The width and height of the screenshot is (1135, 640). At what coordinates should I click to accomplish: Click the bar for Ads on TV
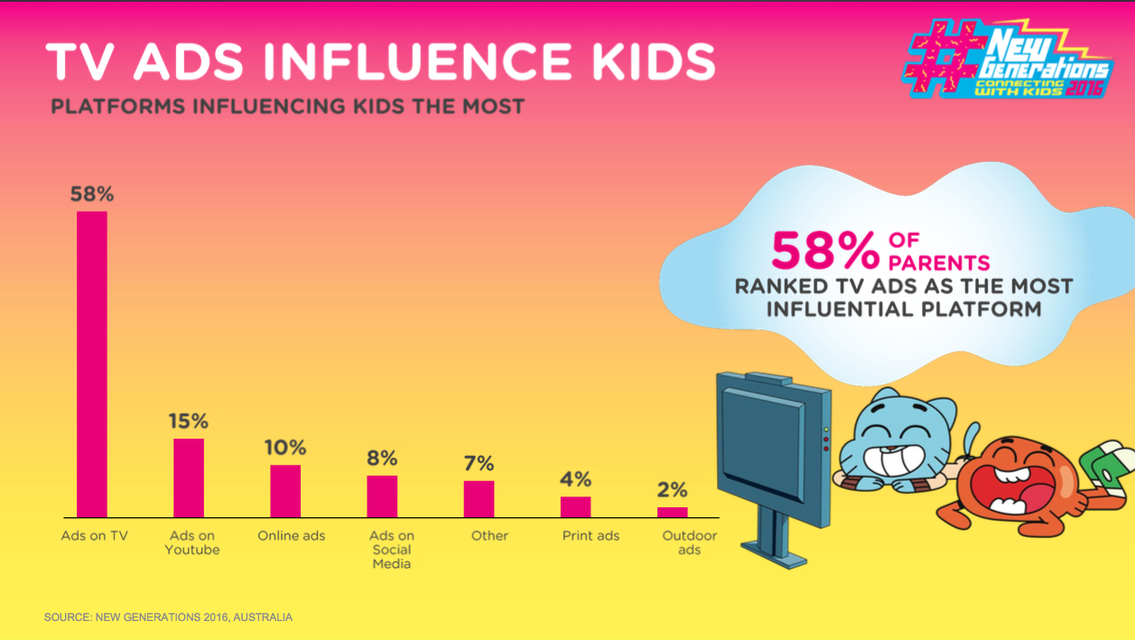[92, 364]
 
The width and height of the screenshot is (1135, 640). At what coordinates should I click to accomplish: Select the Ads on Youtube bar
[189, 478]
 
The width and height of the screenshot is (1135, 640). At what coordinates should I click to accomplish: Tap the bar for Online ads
[285, 490]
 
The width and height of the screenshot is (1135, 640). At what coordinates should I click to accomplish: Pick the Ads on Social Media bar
[382, 496]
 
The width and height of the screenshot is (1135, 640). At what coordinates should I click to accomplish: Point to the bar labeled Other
[479, 498]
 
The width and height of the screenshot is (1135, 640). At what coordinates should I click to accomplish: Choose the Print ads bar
[575, 506]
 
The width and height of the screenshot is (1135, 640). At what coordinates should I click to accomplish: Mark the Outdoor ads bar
[672, 512]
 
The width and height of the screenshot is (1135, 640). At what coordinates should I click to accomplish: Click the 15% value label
[189, 421]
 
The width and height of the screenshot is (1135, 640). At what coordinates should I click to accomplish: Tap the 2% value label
[672, 490]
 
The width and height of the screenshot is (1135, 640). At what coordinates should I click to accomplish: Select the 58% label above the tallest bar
[92, 194]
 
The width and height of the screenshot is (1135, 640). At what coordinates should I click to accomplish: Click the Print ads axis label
[591, 535]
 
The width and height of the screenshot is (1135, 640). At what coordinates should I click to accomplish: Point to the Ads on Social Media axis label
[392, 549]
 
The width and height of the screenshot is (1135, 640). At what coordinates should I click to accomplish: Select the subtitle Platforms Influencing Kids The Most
[287, 107]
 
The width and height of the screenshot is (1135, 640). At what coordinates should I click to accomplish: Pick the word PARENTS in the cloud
[939, 264]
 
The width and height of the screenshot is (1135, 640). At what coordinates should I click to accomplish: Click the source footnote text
[168, 617]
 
